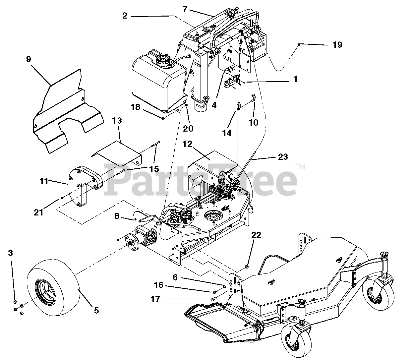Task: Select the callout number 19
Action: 337,45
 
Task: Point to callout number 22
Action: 256,235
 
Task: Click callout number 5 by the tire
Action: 96,311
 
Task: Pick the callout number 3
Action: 11,253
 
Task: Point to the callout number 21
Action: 39,212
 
